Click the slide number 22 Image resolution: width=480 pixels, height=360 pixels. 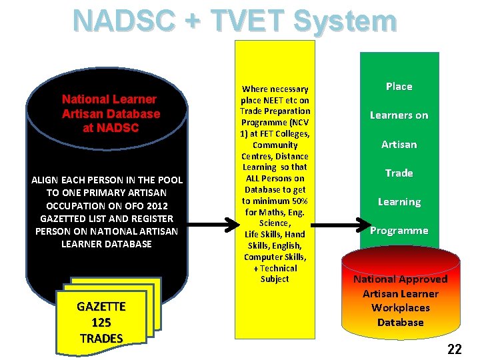(455, 349)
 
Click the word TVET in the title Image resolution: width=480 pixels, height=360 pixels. (248, 20)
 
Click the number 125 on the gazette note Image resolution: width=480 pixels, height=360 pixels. (101, 323)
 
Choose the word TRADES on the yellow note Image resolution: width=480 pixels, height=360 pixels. (101, 338)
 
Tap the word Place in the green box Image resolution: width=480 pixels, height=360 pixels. (399, 87)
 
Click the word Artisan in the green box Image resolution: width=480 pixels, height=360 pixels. (399, 144)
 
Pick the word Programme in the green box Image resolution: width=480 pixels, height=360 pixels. (399, 231)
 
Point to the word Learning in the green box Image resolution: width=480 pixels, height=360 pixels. (399, 202)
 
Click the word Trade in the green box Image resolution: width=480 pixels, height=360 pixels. (399, 173)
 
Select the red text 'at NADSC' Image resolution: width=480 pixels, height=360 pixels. (111, 128)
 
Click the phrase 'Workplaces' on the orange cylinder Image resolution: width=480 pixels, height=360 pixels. (400, 308)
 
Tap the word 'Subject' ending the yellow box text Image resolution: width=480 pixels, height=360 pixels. (275, 279)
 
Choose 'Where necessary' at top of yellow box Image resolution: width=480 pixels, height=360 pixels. (275, 89)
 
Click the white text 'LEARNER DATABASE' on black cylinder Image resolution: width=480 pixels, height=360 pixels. (107, 244)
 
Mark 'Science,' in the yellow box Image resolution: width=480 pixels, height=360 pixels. (275, 223)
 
